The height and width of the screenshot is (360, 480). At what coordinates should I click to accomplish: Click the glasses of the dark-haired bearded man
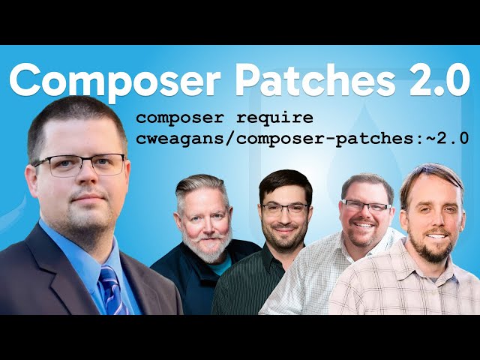coord(285,208)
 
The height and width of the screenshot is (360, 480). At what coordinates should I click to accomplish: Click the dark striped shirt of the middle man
coord(247,289)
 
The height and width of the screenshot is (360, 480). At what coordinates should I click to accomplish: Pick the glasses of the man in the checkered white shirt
coord(366,205)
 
